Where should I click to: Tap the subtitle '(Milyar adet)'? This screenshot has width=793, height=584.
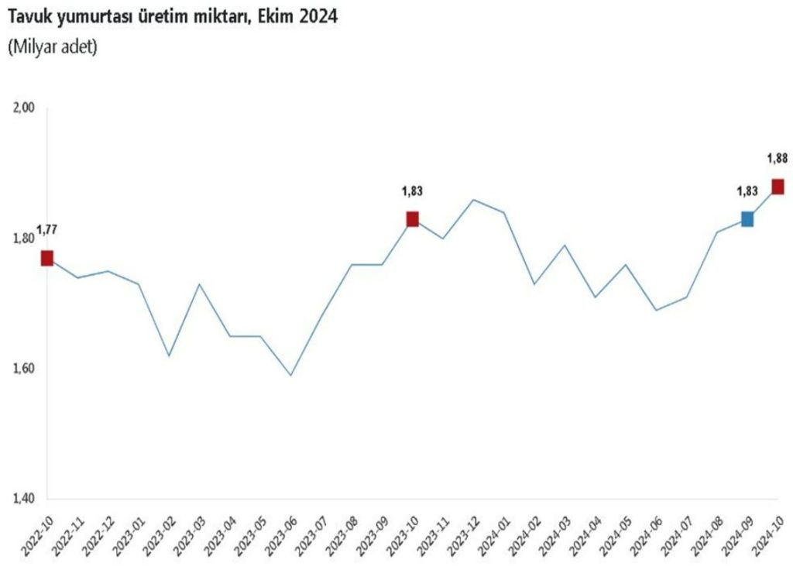coord(52,47)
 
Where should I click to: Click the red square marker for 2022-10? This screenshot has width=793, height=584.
coord(47,258)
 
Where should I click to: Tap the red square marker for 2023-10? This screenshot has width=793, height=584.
coord(412,219)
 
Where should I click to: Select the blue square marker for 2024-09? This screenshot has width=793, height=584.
coord(747,219)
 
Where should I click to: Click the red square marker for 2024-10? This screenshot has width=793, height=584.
coord(778,187)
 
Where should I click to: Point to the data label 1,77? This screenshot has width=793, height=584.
coord(47,228)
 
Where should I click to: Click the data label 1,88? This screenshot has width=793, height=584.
coord(778,158)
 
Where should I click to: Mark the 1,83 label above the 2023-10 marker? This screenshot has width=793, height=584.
coord(412,191)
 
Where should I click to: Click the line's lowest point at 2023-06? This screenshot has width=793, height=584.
coord(290,376)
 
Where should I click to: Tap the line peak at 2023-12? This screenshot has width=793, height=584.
coord(473,200)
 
